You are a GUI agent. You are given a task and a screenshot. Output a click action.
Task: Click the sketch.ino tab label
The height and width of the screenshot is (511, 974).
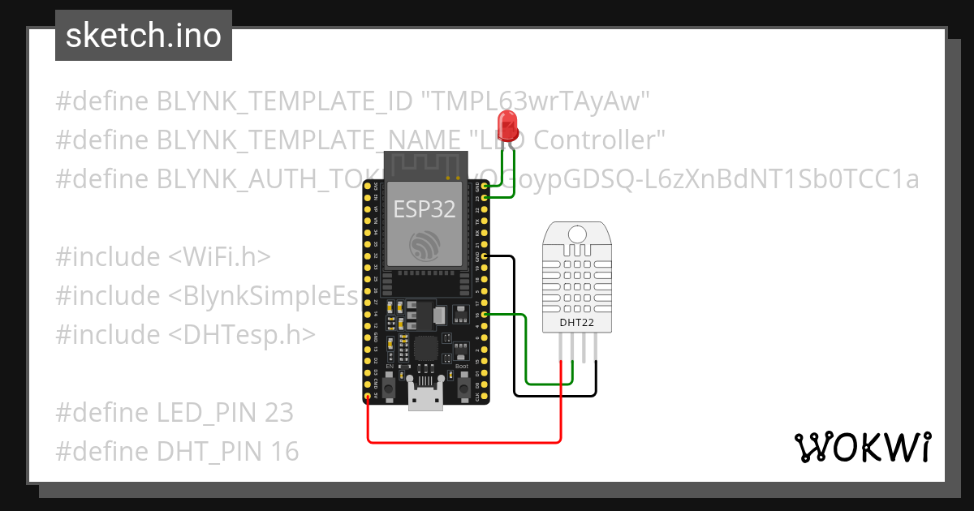point(143,36)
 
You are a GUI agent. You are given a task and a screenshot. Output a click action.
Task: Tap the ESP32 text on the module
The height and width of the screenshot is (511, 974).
point(425,209)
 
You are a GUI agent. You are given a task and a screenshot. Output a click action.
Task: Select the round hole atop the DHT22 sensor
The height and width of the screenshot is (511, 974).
point(576,234)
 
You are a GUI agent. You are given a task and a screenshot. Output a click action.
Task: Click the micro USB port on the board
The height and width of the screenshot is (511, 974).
point(426,399)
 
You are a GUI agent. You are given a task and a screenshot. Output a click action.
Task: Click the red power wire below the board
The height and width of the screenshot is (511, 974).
point(463,441)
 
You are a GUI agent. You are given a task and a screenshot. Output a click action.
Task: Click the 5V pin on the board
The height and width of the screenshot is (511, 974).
point(368,397)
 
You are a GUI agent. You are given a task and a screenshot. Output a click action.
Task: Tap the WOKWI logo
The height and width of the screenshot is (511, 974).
point(862,447)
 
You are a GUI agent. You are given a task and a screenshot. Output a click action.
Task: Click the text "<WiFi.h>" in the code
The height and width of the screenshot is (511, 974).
point(219,257)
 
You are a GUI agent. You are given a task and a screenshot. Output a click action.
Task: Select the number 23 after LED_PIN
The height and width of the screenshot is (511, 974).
point(278,413)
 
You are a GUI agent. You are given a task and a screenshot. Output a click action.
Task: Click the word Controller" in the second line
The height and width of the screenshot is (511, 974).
point(601,140)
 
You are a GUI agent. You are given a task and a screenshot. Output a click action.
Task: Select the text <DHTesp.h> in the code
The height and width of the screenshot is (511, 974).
point(242,334)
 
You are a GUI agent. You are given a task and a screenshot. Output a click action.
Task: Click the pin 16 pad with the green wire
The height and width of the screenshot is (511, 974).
point(485,314)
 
